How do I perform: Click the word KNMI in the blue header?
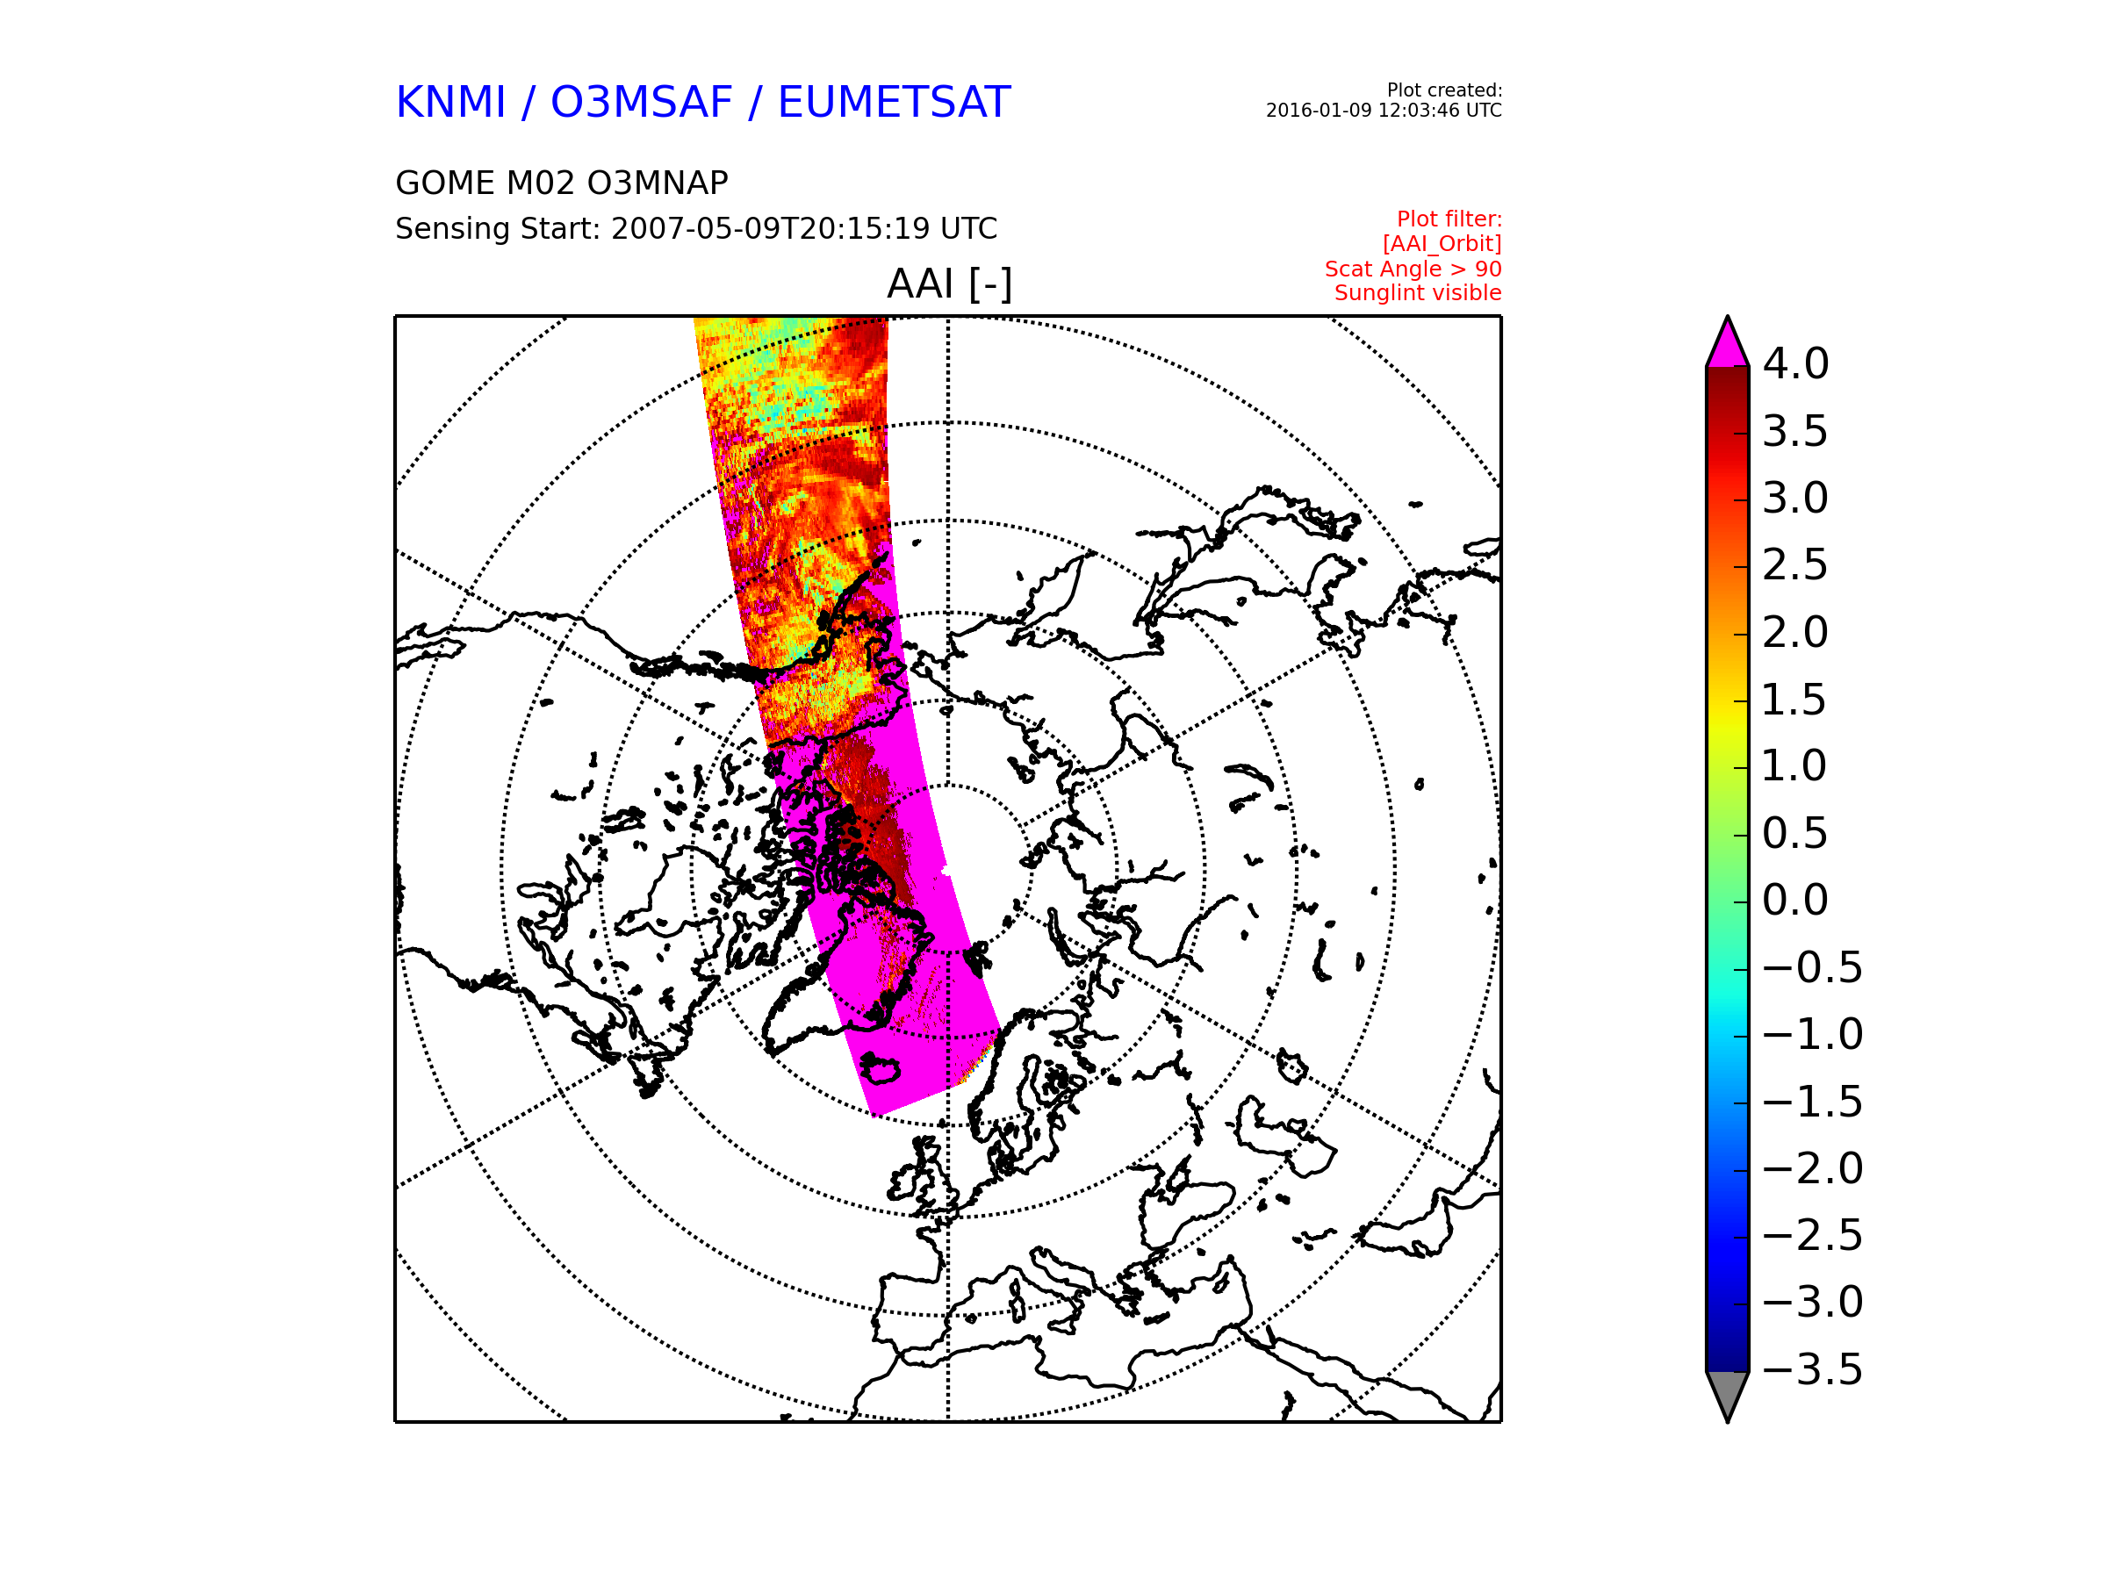click(450, 102)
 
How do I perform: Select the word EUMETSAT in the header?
click(894, 102)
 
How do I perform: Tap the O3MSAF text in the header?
click(641, 102)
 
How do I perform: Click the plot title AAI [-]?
click(949, 284)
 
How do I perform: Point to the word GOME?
click(434, 183)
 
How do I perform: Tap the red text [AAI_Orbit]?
click(1442, 244)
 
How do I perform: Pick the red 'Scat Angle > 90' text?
click(1413, 269)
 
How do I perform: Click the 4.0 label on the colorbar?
click(1795, 363)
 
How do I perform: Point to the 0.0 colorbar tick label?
click(1795, 900)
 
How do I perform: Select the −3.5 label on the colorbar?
click(1813, 1369)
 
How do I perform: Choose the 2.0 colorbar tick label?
click(1795, 632)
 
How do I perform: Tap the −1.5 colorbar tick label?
click(1813, 1102)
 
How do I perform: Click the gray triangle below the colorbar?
click(1727, 1392)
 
